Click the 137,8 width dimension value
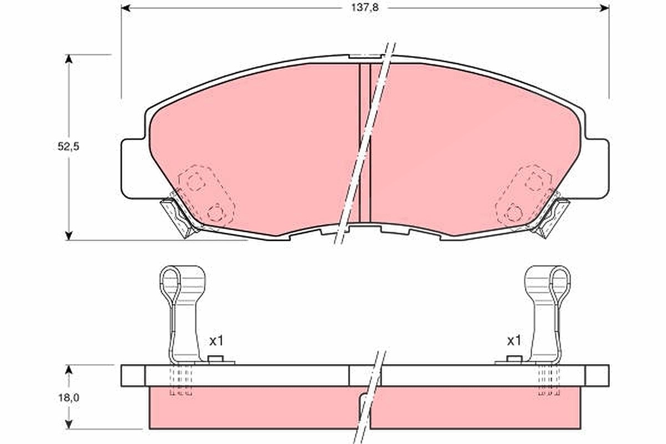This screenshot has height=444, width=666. click(x=365, y=8)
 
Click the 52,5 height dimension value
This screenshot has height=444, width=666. click(x=68, y=147)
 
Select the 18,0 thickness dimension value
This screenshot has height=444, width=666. click(x=68, y=397)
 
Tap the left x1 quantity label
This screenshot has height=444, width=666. click(x=216, y=341)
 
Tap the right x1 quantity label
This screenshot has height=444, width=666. click(x=514, y=341)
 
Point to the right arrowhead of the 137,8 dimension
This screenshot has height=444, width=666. click(x=604, y=8)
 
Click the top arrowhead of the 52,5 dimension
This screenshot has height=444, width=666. click(x=69, y=59)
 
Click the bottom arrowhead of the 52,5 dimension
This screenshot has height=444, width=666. click(x=69, y=235)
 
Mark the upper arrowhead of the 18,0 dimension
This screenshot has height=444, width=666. click(x=69, y=370)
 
